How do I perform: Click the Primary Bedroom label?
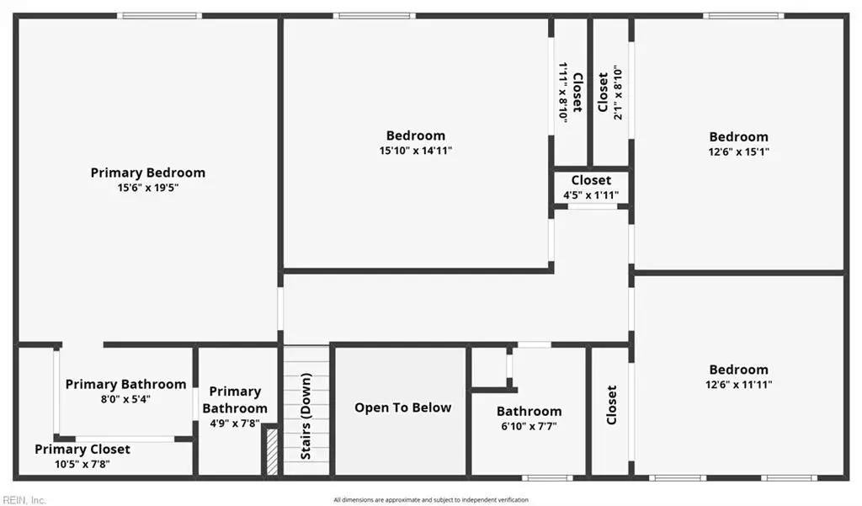pos(148,173)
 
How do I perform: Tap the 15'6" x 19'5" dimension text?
pos(148,188)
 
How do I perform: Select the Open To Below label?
pos(403,407)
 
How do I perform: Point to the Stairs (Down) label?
pos(306,417)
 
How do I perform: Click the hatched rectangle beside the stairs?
pos(272,451)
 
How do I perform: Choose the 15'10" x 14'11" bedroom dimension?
pos(416,150)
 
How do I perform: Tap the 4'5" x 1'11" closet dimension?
pos(591,195)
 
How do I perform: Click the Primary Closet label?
pos(82,450)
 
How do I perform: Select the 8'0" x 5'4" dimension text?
pos(125,399)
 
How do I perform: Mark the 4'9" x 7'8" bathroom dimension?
pos(235,423)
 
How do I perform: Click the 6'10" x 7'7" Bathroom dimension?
pos(529,426)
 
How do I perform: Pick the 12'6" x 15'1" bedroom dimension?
pos(739,152)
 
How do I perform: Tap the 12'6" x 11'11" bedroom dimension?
pos(739,385)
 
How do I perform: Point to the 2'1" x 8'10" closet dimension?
pos(619,93)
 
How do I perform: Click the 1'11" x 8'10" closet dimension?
pos(563,92)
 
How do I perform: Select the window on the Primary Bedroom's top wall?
pos(159,16)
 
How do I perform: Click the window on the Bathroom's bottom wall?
pos(547,478)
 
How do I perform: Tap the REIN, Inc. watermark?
pos(23,500)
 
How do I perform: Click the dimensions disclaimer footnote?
pos(431,500)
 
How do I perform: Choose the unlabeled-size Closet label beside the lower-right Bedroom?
pos(611,405)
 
